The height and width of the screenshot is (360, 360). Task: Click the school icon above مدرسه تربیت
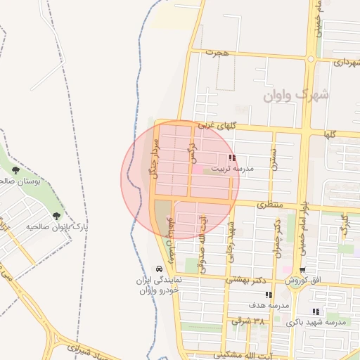tap(232, 158)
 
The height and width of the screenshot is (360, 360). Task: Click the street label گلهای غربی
tap(214, 125)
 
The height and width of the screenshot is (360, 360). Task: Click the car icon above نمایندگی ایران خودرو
tap(160, 269)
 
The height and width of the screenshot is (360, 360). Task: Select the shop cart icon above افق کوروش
tap(302, 270)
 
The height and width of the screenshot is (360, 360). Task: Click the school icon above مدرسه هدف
tap(269, 295)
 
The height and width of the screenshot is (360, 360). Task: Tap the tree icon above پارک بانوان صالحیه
tap(56, 216)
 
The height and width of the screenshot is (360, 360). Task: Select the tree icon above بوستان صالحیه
tap(15, 170)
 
